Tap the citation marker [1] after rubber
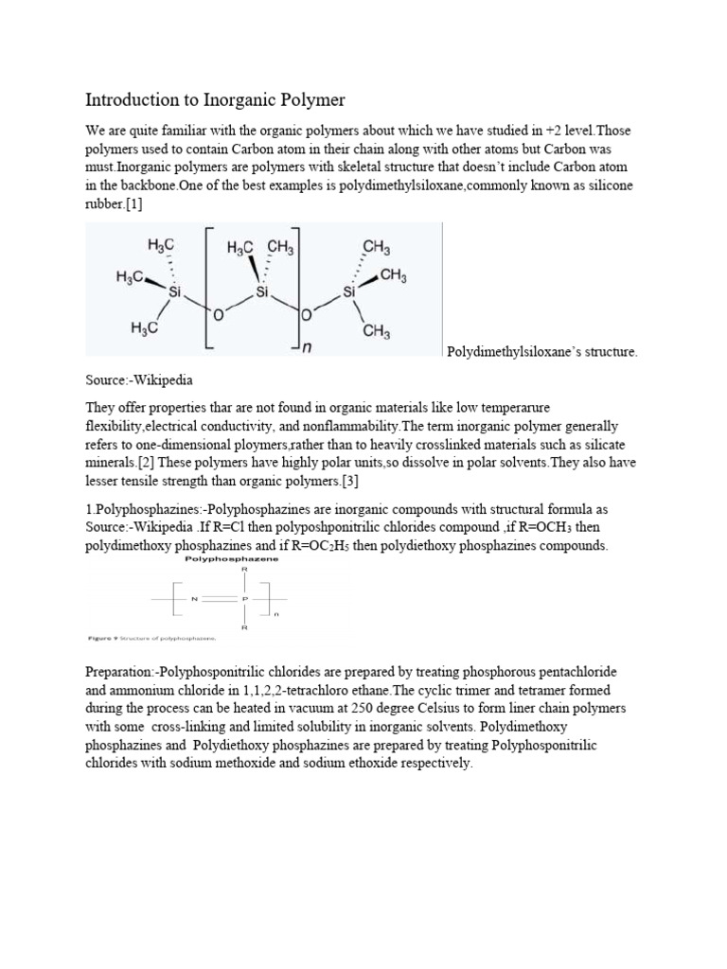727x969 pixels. click(132, 203)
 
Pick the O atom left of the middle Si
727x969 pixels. click(218, 314)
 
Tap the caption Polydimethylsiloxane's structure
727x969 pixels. click(541, 353)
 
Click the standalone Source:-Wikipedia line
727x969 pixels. click(139, 380)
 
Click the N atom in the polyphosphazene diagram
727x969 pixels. click(193, 598)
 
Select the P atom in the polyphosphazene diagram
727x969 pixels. click(243, 598)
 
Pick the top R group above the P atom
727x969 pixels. click(243, 571)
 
